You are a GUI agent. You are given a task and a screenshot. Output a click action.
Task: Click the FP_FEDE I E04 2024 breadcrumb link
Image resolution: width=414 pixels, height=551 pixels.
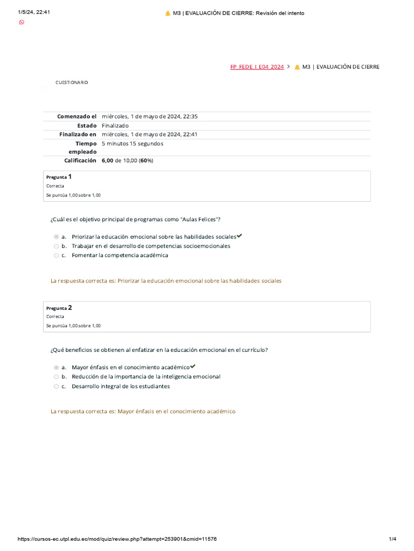pyautogui.click(x=257, y=67)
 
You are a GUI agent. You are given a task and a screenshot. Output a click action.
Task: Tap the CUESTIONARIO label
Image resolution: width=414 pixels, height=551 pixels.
pyautogui.click(x=72, y=82)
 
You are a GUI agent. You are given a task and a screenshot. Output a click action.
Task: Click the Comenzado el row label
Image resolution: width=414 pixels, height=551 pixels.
pyautogui.click(x=77, y=116)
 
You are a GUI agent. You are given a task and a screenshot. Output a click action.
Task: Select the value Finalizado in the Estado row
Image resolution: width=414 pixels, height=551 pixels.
pyautogui.click(x=115, y=125)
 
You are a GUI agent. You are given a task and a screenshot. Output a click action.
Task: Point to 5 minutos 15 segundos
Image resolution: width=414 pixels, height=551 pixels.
pyautogui.click(x=132, y=144)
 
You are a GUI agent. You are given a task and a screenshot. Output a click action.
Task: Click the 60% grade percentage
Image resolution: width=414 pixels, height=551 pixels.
pyautogui.click(x=146, y=160)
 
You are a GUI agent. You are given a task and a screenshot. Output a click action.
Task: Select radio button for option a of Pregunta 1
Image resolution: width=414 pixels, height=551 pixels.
pyautogui.click(x=56, y=237)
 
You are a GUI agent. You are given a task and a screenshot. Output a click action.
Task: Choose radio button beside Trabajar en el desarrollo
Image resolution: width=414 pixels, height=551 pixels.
pyautogui.click(x=56, y=246)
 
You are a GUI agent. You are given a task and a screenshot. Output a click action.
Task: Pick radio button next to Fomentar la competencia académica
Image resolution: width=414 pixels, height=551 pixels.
pyautogui.click(x=56, y=256)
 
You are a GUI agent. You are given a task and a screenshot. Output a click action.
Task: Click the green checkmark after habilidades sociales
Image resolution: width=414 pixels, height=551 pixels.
pyautogui.click(x=239, y=236)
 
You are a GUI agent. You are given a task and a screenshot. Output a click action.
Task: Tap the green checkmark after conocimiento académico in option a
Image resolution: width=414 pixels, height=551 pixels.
pyautogui.click(x=193, y=366)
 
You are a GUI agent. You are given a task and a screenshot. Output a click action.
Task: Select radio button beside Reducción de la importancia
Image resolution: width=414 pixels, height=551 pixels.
pyautogui.click(x=56, y=377)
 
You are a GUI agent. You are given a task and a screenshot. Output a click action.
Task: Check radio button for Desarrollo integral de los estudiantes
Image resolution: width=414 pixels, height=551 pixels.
pyautogui.click(x=56, y=386)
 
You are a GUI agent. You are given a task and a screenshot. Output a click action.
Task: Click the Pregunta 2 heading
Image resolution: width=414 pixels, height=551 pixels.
pyautogui.click(x=59, y=308)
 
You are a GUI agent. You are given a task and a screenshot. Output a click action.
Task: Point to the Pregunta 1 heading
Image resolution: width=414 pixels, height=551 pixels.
pyautogui.click(x=59, y=176)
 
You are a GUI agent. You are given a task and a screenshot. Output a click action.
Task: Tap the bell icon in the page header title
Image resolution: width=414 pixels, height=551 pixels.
pyautogui.click(x=168, y=13)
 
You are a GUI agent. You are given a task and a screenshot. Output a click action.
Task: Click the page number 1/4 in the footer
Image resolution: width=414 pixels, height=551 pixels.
pyautogui.click(x=392, y=539)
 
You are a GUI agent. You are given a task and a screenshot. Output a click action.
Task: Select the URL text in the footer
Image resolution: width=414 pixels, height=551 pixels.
pyautogui.click(x=118, y=539)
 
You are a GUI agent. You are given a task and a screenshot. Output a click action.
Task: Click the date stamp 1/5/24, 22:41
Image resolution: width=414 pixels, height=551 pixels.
pyautogui.click(x=34, y=12)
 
